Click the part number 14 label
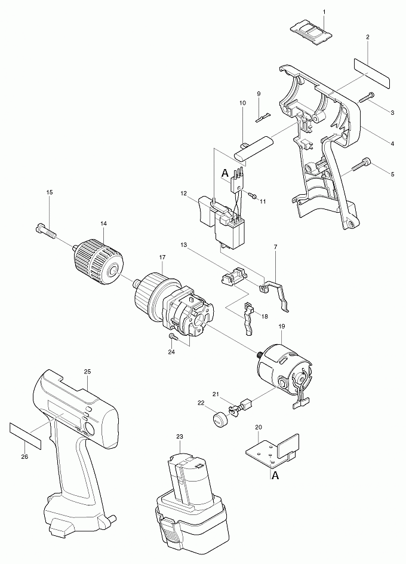pyautogui.click(x=103, y=223)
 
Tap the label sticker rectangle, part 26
pyautogui.click(x=25, y=436)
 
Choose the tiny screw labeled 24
pyautogui.click(x=173, y=337)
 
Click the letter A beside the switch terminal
pyautogui.click(x=225, y=173)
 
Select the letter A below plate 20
pyautogui.click(x=275, y=476)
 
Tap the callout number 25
pyautogui.click(x=87, y=372)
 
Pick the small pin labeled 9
pyautogui.click(x=263, y=117)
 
